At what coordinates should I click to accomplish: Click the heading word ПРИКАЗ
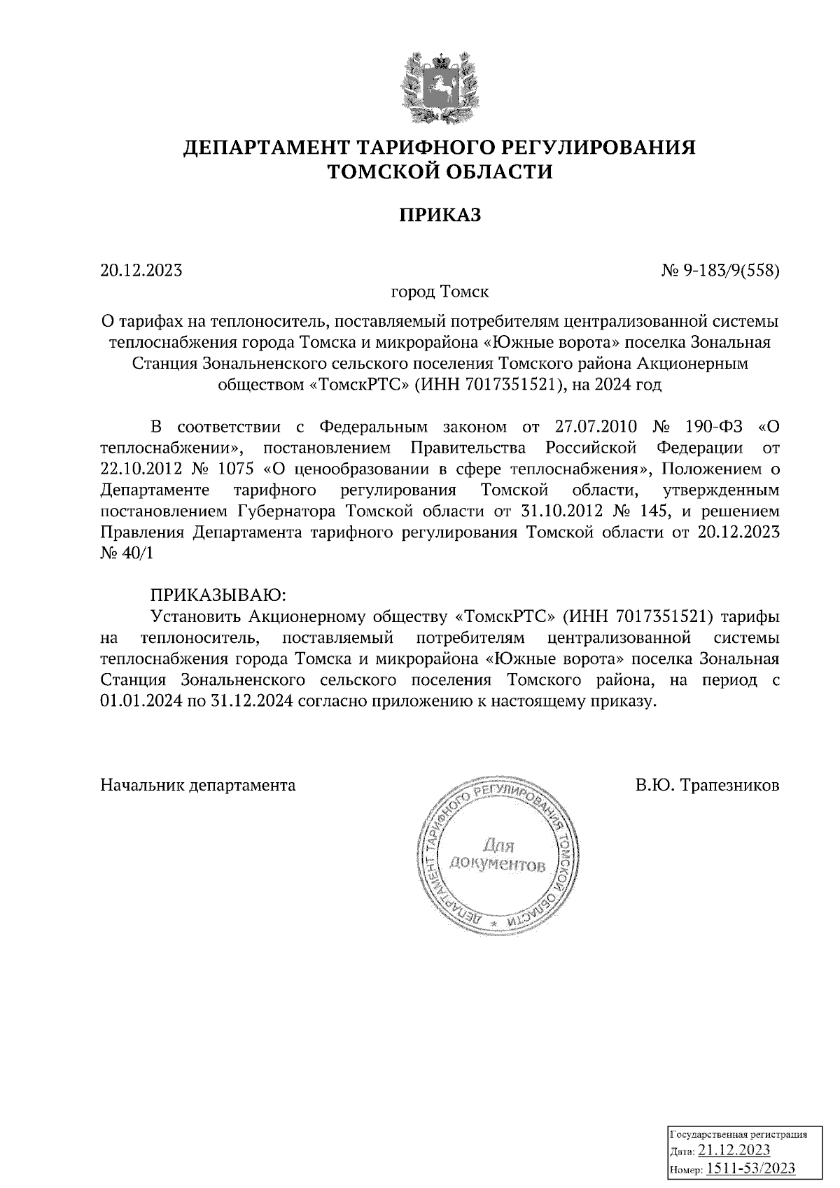(440, 215)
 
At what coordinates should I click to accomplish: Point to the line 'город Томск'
(440, 290)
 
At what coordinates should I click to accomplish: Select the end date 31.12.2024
(249, 701)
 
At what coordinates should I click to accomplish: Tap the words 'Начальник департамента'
(198, 785)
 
